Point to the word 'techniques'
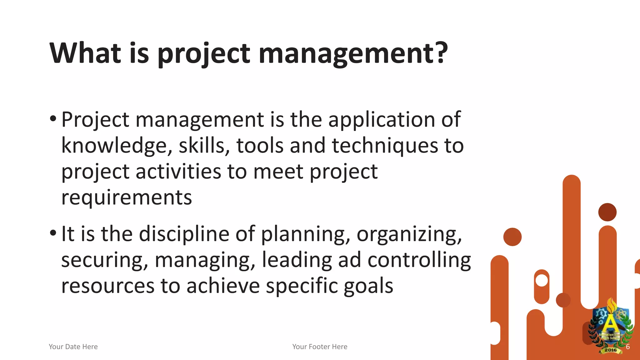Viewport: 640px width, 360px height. tap(385, 146)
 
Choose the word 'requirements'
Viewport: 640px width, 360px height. tap(127, 197)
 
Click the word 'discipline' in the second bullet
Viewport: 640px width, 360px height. tap(184, 234)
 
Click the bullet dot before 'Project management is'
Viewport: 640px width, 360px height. tap(53, 119)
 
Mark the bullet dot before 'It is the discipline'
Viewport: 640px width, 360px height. tap(53, 233)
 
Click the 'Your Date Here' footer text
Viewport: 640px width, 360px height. tap(73, 347)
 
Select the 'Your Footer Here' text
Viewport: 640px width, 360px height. tap(320, 347)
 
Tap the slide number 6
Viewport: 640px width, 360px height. tap(627, 347)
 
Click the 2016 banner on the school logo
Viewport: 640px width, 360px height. tap(610, 350)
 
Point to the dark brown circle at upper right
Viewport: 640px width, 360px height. tap(607, 212)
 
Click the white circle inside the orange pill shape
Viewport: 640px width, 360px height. tap(542, 280)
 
